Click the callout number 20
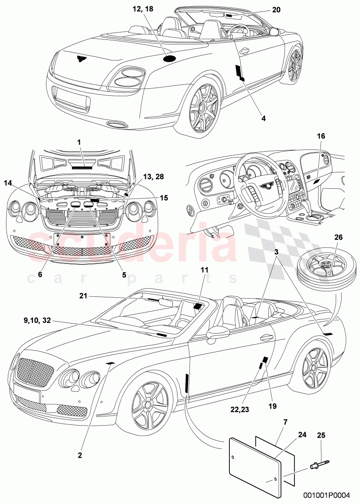pyautogui.click(x=276, y=10)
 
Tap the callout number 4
pyautogui.click(x=263, y=118)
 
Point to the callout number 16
pyautogui.click(x=321, y=136)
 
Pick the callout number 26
pyautogui.click(x=338, y=237)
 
